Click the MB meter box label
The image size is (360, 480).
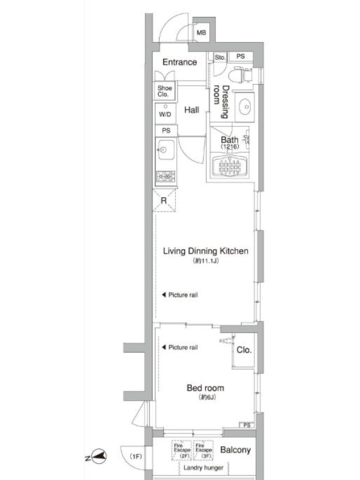pos(201,32)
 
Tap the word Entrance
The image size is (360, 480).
pos(179,62)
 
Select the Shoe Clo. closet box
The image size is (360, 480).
pos(164,91)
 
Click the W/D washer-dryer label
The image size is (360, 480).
pos(165,115)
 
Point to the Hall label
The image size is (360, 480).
pos(191,110)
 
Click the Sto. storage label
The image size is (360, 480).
pos(220,57)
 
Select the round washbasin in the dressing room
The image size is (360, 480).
pos(245,107)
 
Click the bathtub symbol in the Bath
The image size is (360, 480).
pos(230,167)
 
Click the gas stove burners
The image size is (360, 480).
pos(166,176)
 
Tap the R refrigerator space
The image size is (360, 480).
pos(164,200)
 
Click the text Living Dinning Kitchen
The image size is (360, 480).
pos(205,251)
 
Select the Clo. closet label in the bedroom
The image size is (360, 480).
pos(244,350)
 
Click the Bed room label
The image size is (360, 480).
pos(205,388)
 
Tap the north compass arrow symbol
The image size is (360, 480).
pos(99,457)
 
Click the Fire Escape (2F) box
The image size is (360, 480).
pos(182,450)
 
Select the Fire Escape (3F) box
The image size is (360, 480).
pos(203,450)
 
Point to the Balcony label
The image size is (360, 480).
pos(235,450)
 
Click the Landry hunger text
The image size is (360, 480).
pos(203,468)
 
